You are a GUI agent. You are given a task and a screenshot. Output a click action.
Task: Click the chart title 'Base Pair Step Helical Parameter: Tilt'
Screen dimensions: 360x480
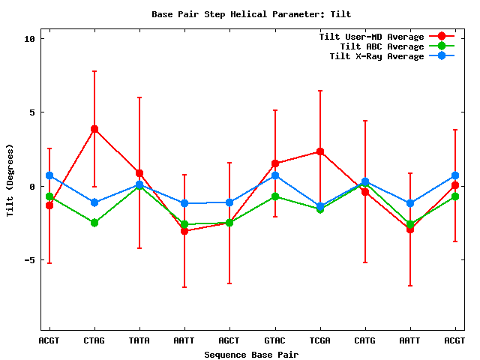click(x=251, y=14)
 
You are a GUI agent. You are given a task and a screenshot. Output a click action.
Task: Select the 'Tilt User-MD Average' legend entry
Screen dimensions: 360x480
click(x=371, y=37)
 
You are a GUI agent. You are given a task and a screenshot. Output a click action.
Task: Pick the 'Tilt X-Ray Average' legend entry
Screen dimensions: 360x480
click(x=376, y=56)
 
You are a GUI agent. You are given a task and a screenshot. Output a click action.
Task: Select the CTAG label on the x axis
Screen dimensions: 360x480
click(x=94, y=340)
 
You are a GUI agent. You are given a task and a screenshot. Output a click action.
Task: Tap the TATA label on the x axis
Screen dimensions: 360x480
click(x=139, y=340)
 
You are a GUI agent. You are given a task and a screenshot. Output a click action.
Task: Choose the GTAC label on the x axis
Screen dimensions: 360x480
click(x=275, y=340)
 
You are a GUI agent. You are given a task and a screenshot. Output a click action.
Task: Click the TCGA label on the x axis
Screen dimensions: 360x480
click(x=320, y=340)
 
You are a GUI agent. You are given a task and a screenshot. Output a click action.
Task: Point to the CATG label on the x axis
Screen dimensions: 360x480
click(x=365, y=340)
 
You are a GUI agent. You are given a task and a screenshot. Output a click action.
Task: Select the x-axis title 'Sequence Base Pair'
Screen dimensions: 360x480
click(x=251, y=355)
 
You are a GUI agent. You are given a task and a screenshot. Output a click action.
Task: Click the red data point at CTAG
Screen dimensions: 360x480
click(x=94, y=129)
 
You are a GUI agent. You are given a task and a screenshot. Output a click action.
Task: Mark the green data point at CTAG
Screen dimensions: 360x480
click(x=94, y=223)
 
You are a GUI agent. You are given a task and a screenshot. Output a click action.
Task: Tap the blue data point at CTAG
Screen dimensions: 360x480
click(x=94, y=202)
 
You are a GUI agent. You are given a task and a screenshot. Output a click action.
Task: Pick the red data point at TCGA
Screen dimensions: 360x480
click(x=320, y=151)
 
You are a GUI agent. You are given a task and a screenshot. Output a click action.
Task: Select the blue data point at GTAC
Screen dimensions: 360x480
click(x=275, y=175)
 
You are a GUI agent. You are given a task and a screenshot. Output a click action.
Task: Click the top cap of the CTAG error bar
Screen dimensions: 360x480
click(x=94, y=71)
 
